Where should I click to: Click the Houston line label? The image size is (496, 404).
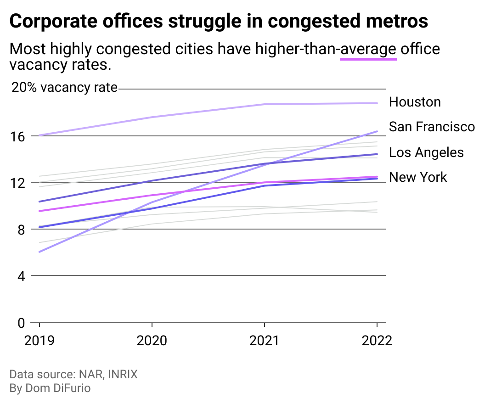415,102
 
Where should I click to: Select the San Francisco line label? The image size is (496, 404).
432,126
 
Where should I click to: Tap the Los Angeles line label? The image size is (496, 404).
426,152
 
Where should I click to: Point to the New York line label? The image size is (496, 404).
418,177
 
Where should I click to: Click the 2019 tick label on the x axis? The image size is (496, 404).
39,341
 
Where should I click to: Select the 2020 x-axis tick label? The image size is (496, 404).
152,341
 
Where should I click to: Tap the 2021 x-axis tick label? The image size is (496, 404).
265,341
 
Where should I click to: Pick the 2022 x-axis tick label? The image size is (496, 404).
377,341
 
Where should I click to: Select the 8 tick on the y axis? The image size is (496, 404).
21,229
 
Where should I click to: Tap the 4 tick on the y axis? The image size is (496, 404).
21,276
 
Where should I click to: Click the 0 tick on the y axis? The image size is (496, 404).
21,323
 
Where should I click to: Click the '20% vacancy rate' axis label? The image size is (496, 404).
64,87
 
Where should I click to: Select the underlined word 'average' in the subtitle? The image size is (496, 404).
368,49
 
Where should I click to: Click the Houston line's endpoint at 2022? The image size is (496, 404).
377,103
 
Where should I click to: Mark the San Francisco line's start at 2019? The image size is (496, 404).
39,252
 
